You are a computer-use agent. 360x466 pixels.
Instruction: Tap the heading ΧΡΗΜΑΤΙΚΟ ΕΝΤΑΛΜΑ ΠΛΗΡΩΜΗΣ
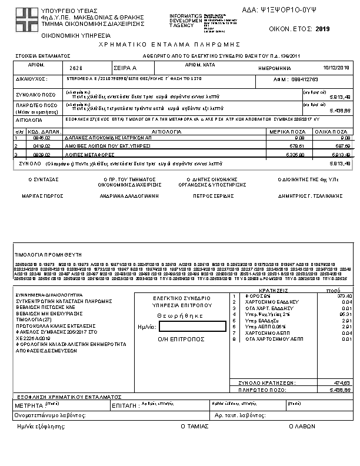click(179, 44)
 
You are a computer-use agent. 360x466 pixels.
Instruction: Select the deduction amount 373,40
click(343, 295)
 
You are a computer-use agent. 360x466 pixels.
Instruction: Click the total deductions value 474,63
click(343, 382)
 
